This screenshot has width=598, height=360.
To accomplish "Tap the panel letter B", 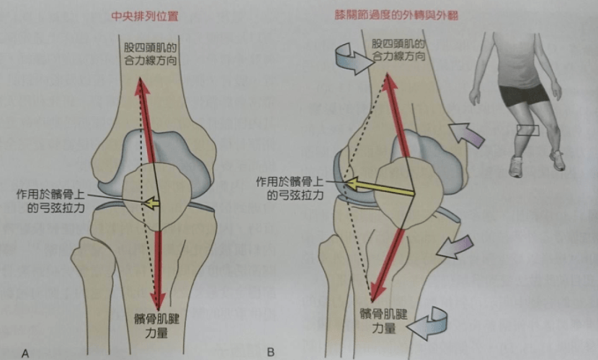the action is point(271,352).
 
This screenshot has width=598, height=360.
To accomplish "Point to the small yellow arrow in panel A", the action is point(151,203).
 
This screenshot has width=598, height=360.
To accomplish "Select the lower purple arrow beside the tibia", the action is point(456,246).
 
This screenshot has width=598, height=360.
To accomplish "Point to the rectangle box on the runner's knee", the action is point(527,130).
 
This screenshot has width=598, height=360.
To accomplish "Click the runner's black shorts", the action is point(523,94).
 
